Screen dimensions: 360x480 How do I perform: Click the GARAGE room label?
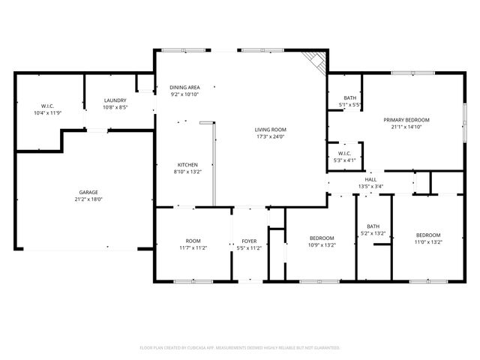click(88, 193)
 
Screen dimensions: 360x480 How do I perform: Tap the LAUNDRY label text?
click(115, 100)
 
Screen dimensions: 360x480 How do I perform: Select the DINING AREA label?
click(184, 88)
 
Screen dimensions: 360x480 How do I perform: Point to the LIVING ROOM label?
click(271, 130)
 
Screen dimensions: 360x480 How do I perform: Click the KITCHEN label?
click(187, 165)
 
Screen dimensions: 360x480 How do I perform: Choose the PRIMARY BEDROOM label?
click(406, 120)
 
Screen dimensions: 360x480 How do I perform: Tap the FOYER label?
click(248, 241)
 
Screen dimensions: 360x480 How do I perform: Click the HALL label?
click(370, 180)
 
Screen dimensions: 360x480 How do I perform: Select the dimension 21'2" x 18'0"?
click(88, 199)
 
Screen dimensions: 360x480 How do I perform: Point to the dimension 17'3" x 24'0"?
click(271, 136)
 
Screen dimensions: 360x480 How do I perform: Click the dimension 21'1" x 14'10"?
click(406, 127)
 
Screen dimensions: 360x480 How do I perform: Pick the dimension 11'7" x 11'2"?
click(193, 247)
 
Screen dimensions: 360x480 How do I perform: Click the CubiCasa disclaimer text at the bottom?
click(240, 348)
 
